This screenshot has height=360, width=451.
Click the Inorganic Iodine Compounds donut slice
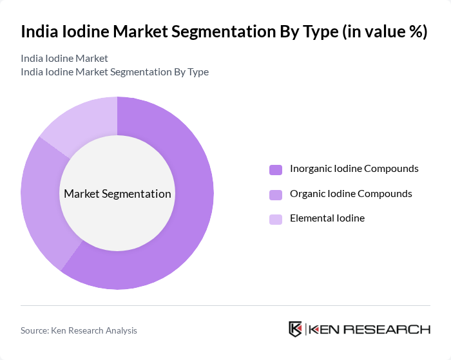coord(187,213)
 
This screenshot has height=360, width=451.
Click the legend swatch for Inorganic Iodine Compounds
coord(276,169)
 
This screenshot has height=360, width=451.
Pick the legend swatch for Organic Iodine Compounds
coord(276,194)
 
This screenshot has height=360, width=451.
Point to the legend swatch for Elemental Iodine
coord(276,219)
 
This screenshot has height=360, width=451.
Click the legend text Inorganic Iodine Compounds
coord(354,169)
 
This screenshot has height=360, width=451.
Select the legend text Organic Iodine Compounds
coord(351,193)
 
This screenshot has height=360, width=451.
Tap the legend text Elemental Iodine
coord(327,218)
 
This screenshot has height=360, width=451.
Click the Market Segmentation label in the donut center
coord(117,193)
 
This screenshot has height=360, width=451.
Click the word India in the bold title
coord(39,32)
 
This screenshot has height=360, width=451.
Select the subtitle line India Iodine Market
coord(64,58)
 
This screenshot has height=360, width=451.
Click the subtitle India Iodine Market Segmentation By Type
coord(115,71)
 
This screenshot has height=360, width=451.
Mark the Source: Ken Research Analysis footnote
coord(79,330)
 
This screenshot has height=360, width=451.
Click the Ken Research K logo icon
coord(296,329)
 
